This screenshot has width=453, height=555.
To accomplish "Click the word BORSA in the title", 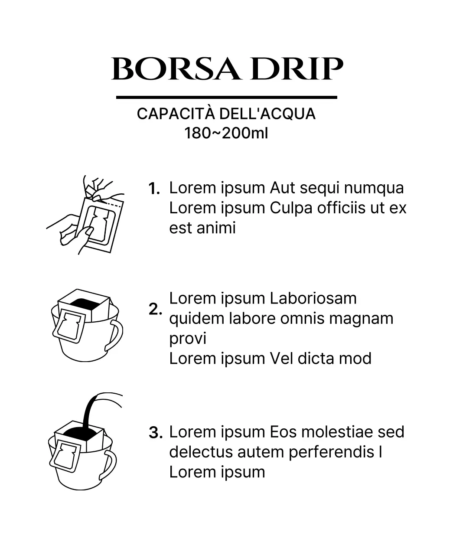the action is click(x=176, y=69).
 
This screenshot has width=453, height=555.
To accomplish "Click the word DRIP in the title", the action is click(x=297, y=69).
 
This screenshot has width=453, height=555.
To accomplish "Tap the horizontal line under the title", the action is click(x=226, y=98).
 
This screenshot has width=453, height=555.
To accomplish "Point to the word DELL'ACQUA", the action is click(x=267, y=114).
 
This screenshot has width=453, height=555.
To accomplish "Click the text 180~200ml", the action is click(x=226, y=133).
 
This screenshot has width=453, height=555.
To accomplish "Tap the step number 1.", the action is click(x=154, y=189).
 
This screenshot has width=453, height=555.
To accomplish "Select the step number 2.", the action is click(x=155, y=309).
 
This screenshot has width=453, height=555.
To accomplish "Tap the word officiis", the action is click(x=341, y=208).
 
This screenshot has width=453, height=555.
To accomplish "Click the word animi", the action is click(x=216, y=228).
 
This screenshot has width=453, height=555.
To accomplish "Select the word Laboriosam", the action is click(x=313, y=298).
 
